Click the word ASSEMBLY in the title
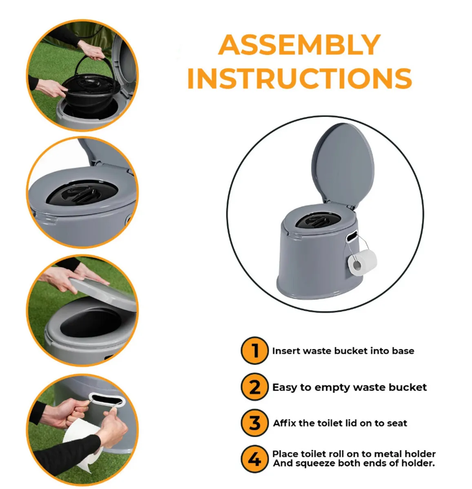(x=299, y=45)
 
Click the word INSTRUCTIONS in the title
(x=299, y=78)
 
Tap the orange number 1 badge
(x=255, y=350)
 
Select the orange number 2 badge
(x=255, y=387)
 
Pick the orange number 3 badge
(x=255, y=423)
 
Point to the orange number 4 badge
(x=255, y=459)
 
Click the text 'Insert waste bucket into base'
(x=343, y=351)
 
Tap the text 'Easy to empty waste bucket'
(x=349, y=387)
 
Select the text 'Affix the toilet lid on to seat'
(x=340, y=423)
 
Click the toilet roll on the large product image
(x=362, y=263)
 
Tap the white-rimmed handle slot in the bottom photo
(x=106, y=400)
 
